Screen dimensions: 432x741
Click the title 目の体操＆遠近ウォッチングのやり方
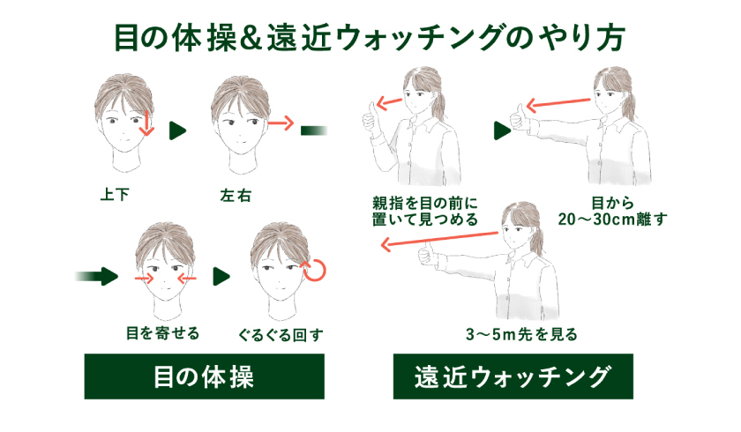[x=370, y=37]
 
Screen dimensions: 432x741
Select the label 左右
[x=236, y=196]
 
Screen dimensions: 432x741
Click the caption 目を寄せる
[x=162, y=333]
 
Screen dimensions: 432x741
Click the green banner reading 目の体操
[x=204, y=377]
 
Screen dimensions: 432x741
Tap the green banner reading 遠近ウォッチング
[x=513, y=377]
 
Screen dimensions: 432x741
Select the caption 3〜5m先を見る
[x=521, y=334]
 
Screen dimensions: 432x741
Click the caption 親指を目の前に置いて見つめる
[x=425, y=211]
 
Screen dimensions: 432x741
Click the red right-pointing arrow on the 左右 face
[x=280, y=124]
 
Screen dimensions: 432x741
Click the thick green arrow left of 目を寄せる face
[x=98, y=276]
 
